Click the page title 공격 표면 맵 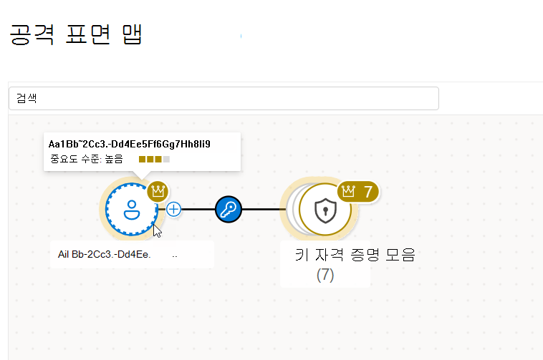tap(76, 34)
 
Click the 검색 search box tap(224, 99)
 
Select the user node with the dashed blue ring tap(132, 209)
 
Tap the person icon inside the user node tap(132, 210)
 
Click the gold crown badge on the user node tap(158, 191)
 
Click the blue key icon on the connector tap(229, 209)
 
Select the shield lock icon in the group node tap(325, 210)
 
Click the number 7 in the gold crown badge tap(368, 192)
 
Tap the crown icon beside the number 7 tap(348, 191)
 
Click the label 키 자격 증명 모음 tap(355, 255)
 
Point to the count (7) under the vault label tap(325, 275)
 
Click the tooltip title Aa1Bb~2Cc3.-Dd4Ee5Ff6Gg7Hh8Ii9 tap(130, 144)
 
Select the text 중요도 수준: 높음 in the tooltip tap(87, 159)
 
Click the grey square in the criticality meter tap(167, 159)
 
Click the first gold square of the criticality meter tap(142, 159)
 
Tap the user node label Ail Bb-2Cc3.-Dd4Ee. tap(105, 255)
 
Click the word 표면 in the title tap(88, 34)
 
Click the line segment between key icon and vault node tap(263, 209)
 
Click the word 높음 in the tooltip tap(114, 159)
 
